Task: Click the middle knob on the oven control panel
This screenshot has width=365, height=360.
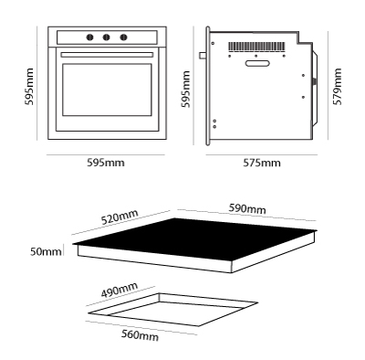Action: pos(106,37)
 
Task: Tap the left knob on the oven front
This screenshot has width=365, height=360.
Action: pos(89,37)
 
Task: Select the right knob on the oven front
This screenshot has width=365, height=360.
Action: pos(123,37)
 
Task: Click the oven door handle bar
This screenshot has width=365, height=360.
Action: pos(107,55)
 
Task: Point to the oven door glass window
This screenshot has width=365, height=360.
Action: pos(107,90)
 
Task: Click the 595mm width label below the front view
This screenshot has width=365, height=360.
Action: pos(106,163)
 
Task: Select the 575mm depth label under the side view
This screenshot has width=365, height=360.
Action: pos(262,163)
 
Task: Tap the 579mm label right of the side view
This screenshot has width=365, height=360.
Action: pos(338,87)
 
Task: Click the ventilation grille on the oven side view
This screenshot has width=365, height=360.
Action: pos(257,47)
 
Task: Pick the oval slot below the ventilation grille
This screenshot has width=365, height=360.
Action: pos(257,63)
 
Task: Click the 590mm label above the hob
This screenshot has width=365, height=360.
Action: pos(247,208)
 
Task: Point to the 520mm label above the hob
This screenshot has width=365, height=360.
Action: pos(120,217)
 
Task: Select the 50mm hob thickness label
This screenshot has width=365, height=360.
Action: pos(46,252)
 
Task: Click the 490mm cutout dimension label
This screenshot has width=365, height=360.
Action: pos(120,291)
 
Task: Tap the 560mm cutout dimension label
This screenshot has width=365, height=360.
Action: pos(140,335)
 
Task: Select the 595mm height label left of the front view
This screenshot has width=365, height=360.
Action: pos(29,87)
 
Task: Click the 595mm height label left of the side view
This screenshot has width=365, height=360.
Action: pos(185,89)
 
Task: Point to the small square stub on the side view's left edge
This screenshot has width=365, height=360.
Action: pos(203,56)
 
